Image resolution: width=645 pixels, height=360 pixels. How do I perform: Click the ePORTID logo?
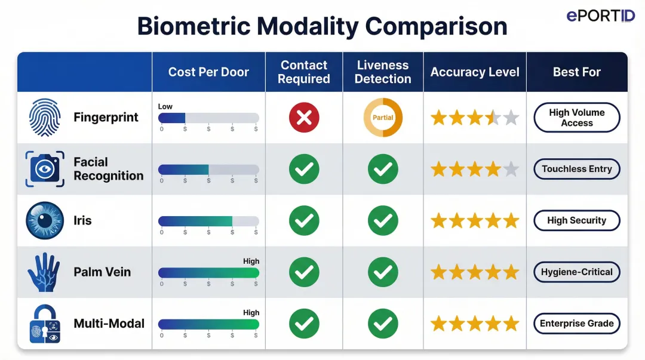pos(600,16)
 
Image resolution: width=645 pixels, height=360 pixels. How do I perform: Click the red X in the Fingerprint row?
pos(304,118)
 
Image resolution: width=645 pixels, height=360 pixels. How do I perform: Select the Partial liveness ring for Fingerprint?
pos(383,118)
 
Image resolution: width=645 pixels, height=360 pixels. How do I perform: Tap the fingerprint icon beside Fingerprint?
pos(45,118)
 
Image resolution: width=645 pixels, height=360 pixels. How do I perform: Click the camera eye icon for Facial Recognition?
pos(45,169)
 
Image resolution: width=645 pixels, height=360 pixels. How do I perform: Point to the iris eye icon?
pos(45,220)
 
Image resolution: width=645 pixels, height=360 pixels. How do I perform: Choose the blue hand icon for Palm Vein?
pos(44,272)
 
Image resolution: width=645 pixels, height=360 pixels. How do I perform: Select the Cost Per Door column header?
pos(208,72)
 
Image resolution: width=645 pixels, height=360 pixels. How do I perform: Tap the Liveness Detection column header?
pos(383,72)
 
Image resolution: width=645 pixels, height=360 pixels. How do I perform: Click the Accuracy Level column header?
pos(475,72)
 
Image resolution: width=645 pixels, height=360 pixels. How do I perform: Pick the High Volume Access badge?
pos(576,118)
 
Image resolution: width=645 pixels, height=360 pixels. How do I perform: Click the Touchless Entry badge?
pos(576,169)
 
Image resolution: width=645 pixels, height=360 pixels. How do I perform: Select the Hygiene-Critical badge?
pos(576,272)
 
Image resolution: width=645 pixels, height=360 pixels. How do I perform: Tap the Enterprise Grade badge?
pos(576,324)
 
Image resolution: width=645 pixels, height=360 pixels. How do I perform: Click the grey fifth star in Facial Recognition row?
pos(511,170)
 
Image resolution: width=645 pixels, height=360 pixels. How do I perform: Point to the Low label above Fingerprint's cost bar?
pos(165,106)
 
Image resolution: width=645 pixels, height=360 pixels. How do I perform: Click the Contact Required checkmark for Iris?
pos(304,221)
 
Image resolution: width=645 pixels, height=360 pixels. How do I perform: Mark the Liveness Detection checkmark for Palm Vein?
pos(383,272)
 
